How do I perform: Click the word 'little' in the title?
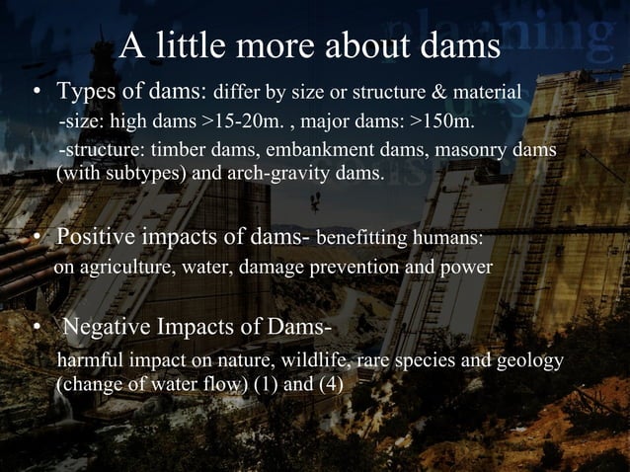192,45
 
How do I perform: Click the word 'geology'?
530,359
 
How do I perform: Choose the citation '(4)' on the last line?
330,383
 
